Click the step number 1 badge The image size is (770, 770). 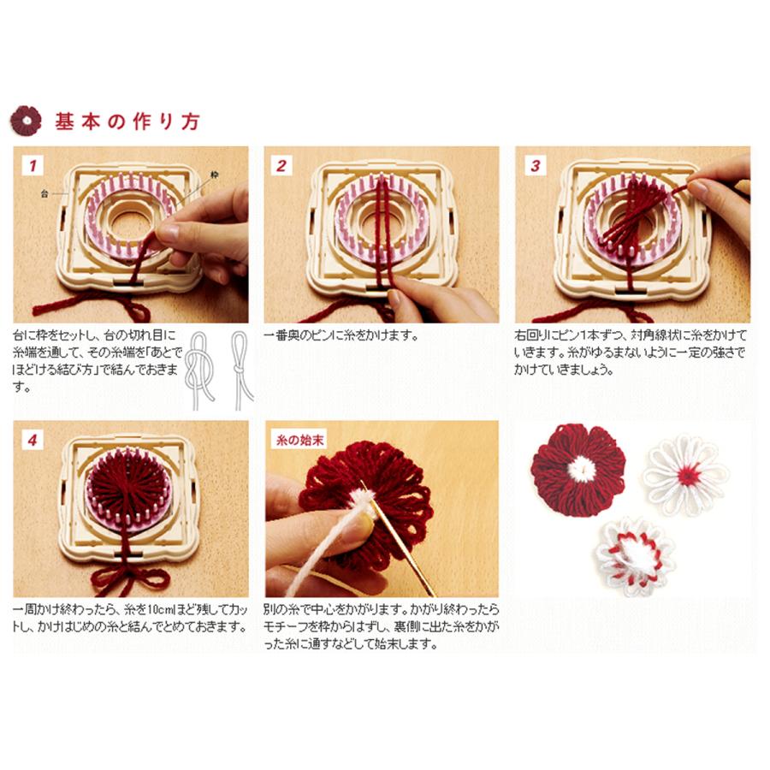pos(33,165)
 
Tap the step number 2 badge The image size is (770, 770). pos(281,165)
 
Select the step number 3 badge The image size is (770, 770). pos(535,165)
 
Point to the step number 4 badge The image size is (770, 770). pos(33,440)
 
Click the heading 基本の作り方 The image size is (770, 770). pos(127,121)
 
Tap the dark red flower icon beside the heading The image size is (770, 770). pos(26,121)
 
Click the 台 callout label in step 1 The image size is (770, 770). pos(44,194)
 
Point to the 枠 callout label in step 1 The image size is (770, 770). pos(215,175)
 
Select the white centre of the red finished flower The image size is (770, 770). pos(582,469)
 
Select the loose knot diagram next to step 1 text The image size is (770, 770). pos(200,370)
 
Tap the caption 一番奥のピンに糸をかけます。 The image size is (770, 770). pos(341,336)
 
